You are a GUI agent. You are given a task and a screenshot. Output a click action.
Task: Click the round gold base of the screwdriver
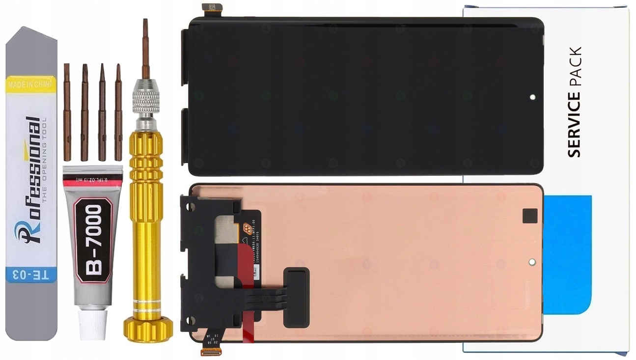coord(148,329)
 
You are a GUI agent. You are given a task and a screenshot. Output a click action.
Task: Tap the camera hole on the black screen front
coord(532,97)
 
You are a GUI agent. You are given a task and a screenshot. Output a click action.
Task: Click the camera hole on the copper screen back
coord(531,262)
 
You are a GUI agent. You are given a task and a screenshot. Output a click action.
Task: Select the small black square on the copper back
coord(530,216)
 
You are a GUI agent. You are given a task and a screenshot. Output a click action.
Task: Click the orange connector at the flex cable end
coord(211,351)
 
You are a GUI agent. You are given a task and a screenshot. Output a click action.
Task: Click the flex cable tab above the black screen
coord(212,8)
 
